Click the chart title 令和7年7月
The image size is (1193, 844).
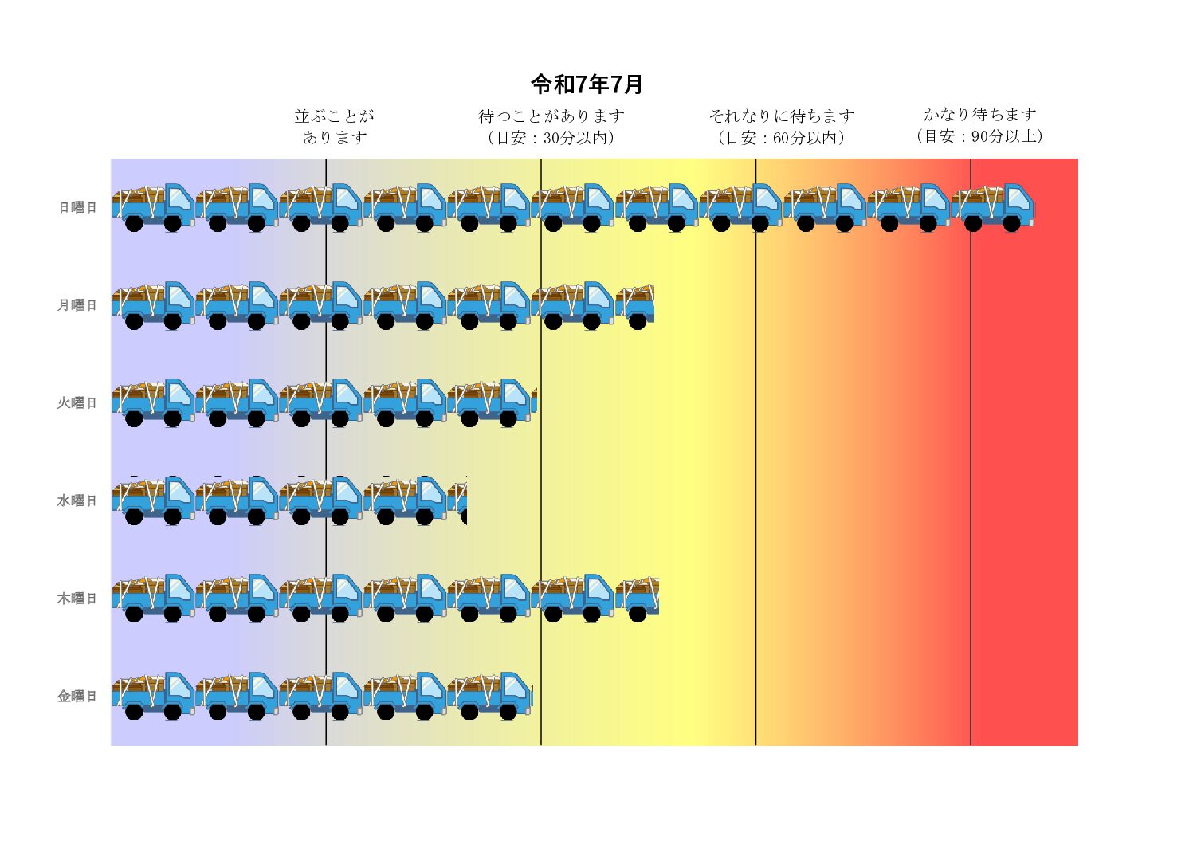coord(587,84)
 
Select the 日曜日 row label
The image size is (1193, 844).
coord(77,207)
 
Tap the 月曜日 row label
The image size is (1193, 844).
coord(77,305)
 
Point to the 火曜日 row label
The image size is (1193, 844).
coord(77,403)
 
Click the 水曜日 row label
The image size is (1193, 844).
coord(77,501)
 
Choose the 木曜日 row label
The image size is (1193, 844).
coord(77,599)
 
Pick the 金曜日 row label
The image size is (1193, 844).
coord(77,697)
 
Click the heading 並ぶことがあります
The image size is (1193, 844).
coord(335,127)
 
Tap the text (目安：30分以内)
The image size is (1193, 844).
coord(551,138)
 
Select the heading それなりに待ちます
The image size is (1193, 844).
coord(782,116)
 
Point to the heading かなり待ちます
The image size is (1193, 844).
coord(980,115)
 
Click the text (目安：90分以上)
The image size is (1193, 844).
coord(980,136)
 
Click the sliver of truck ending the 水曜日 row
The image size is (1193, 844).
coord(458,501)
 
